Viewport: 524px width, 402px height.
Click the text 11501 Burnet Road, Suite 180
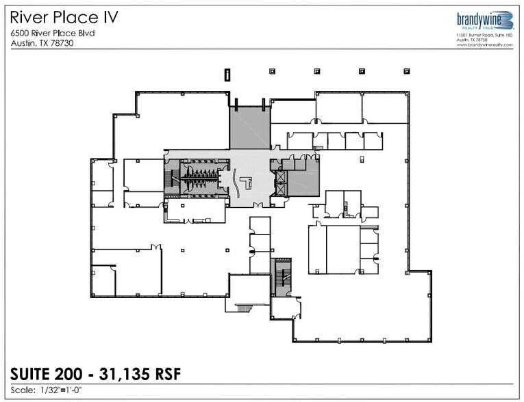tap(484, 35)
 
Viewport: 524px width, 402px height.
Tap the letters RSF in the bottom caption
tap(169, 374)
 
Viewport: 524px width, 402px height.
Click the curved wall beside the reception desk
tap(235, 180)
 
